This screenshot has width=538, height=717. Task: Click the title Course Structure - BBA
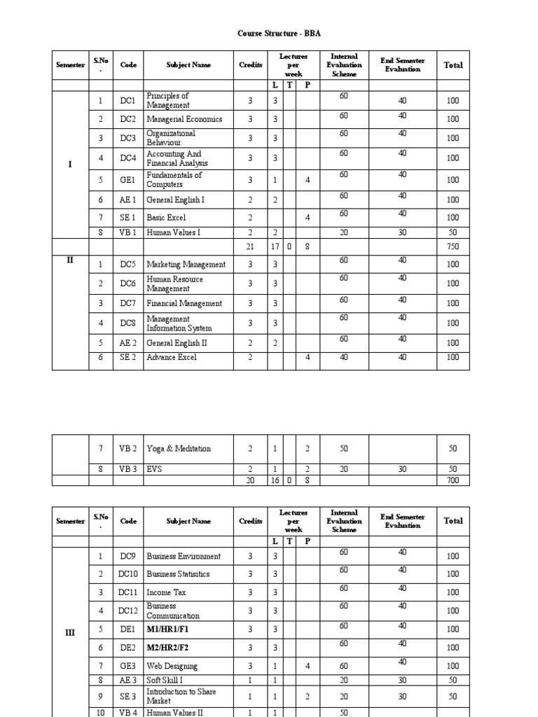[269, 32]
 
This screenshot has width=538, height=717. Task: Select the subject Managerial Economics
[184, 119]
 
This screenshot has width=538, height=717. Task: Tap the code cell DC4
[127, 158]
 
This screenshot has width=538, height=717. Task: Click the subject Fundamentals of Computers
[174, 180]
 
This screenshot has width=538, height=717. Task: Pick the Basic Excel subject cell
[166, 218]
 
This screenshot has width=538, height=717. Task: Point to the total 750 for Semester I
[453, 246]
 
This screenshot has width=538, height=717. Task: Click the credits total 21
[250, 246]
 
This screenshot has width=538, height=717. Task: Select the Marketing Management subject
[186, 265]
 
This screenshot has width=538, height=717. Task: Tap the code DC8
[127, 323]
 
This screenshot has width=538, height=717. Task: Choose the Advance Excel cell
[172, 357]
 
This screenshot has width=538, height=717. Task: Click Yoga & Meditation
[179, 449]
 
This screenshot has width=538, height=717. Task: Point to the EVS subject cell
[154, 469]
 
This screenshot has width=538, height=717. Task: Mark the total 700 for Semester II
[453, 480]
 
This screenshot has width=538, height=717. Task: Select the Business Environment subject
[184, 557]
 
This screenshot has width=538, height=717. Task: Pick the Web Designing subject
[172, 667]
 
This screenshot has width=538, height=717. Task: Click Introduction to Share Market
[181, 696]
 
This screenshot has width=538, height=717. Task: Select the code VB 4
[127, 712]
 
